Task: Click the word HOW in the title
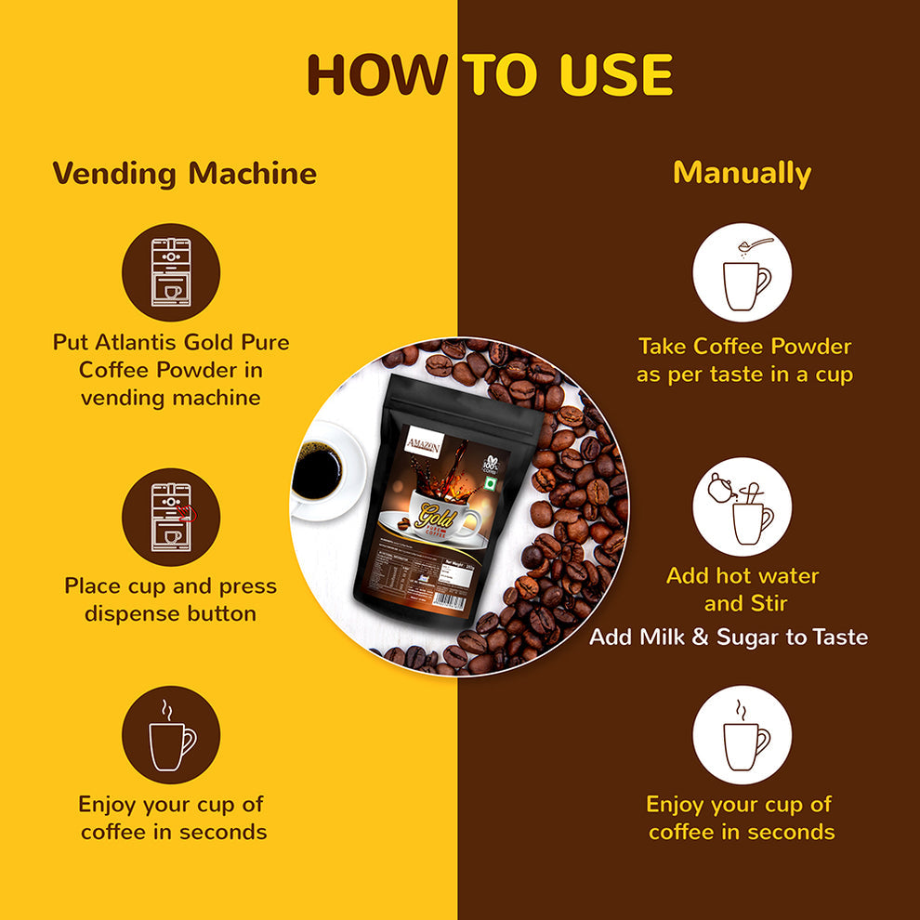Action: click(x=376, y=75)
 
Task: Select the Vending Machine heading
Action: click(x=184, y=174)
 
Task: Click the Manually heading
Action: click(x=742, y=174)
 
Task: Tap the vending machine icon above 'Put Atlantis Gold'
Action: click(x=171, y=272)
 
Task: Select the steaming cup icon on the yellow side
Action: click(x=171, y=734)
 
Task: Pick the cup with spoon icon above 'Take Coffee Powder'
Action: click(x=742, y=272)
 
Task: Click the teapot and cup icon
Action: click(x=742, y=506)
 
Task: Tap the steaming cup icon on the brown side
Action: click(x=742, y=734)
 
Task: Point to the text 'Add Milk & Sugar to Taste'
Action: click(x=729, y=637)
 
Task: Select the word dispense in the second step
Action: click(x=136, y=614)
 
